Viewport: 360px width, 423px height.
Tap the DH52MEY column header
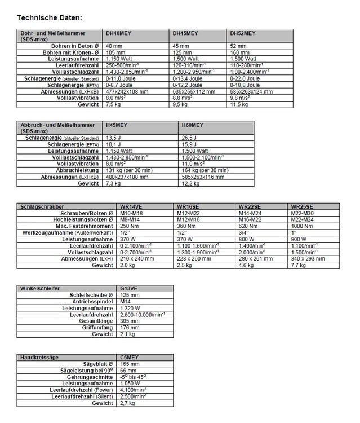(242, 34)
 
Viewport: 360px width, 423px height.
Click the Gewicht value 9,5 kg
(180, 104)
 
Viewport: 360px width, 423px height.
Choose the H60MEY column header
(193, 125)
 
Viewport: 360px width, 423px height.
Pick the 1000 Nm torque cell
(302, 226)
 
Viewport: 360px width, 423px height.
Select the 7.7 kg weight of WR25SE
(299, 265)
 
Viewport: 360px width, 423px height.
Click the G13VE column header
(129, 288)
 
